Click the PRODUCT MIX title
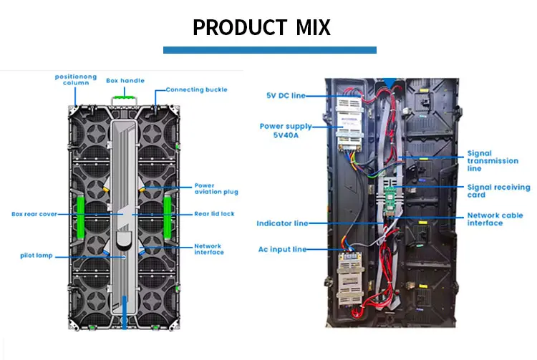(261, 27)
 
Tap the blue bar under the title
(269, 50)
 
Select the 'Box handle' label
(125, 81)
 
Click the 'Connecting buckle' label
(196, 90)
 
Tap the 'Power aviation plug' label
(216, 189)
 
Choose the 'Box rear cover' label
(34, 214)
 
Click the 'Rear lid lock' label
(213, 214)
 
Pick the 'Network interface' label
(208, 249)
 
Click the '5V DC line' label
(285, 95)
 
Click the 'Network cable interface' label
(495, 219)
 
